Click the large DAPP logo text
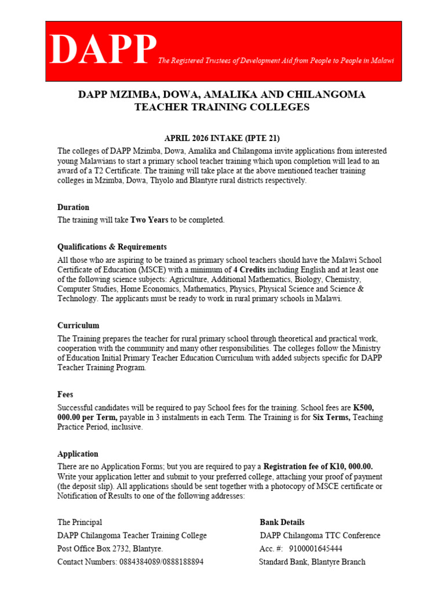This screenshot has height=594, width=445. tap(103, 50)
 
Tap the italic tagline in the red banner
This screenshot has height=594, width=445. tap(276, 60)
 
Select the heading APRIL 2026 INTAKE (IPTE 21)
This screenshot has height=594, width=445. tap(222, 138)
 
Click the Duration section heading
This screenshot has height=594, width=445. tap(73, 207)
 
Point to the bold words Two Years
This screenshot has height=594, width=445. tap(149, 220)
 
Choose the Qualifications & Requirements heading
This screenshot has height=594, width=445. tap(112, 247)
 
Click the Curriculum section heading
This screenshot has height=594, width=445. tap(78, 325)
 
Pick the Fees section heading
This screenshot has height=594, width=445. tap(65, 394)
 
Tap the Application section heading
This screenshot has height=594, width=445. tap(78, 454)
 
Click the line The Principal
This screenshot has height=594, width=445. tap(79, 522)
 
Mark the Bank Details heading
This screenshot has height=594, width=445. tap(282, 522)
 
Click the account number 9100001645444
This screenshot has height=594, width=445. tap(315, 548)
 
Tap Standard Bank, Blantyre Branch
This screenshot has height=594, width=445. tap(312, 562)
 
